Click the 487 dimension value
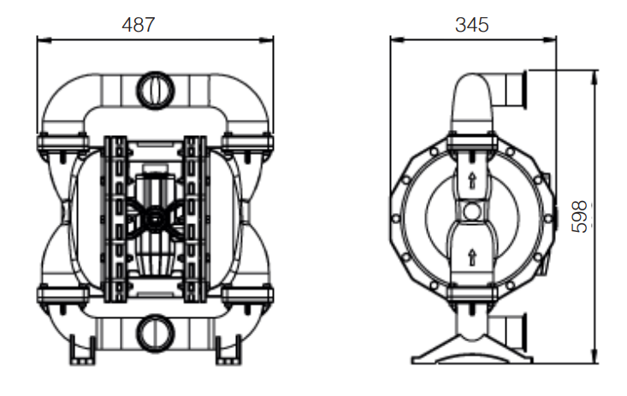pyautogui.click(x=138, y=25)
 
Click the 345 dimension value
pyautogui.click(x=472, y=25)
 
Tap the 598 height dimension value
pyautogui.click(x=580, y=216)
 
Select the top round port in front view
pyautogui.click(x=156, y=90)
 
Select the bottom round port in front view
pyautogui.click(x=156, y=334)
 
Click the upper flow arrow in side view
pyautogui.click(x=472, y=180)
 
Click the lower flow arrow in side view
pyautogui.click(x=472, y=257)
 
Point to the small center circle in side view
pyautogui.click(x=472, y=211)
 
